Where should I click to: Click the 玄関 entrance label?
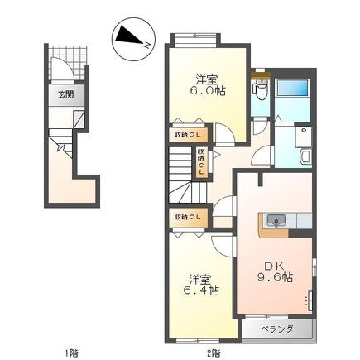pos(65,94)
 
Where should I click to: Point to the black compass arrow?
pos(127,36)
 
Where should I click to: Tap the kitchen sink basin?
pos(276,220)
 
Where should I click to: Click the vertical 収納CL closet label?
pos(200,161)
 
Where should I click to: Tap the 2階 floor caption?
pos(214,353)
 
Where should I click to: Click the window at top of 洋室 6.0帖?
pos(196,37)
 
